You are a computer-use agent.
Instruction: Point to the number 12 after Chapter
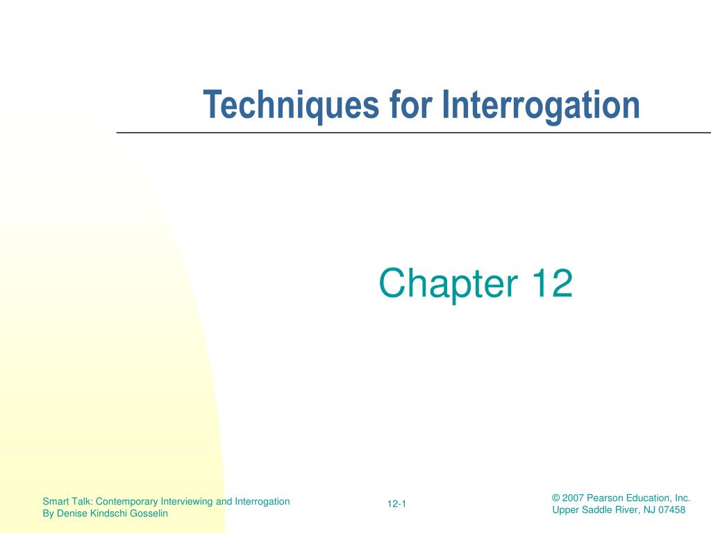[x=552, y=284]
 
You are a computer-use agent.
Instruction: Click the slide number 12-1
[x=396, y=505]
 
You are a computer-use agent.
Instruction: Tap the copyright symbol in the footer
[x=555, y=498]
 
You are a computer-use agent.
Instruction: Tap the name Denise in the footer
[x=71, y=514]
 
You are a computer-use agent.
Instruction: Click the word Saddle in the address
[x=595, y=510]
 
